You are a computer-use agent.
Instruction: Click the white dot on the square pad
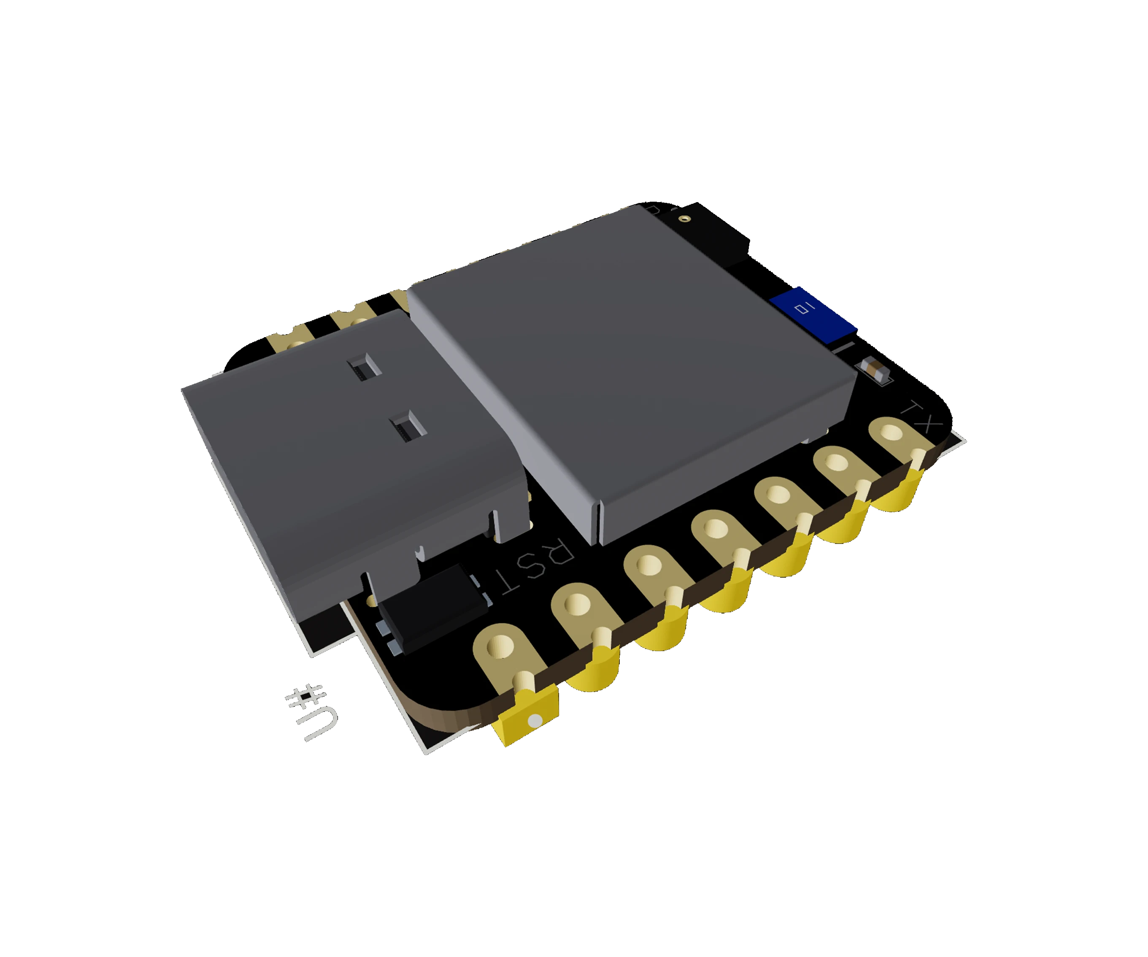pyautogui.click(x=535, y=722)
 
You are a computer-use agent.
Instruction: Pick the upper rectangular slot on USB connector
pyautogui.click(x=361, y=366)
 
